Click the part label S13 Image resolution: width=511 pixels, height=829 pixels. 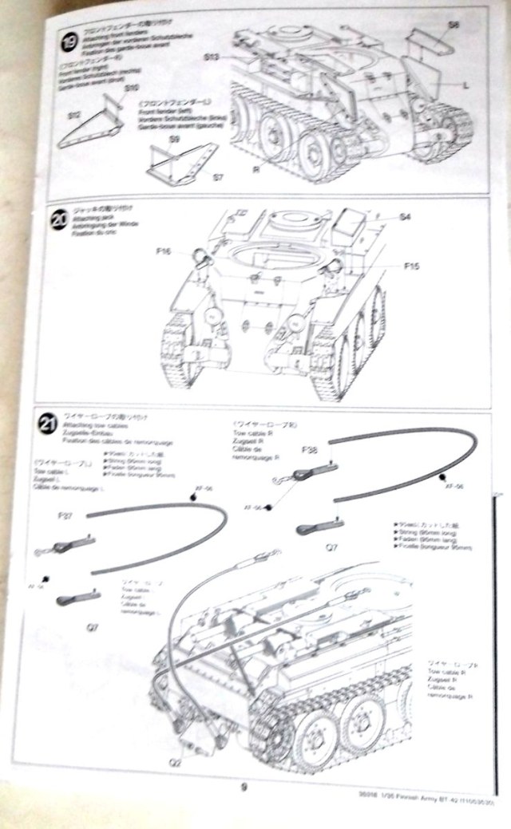point(211,57)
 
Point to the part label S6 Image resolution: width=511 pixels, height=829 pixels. point(453,26)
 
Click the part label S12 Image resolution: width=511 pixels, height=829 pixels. point(73,116)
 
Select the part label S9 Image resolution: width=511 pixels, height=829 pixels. point(175,140)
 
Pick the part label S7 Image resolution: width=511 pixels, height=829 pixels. point(217,176)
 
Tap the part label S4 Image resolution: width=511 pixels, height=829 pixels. point(405,216)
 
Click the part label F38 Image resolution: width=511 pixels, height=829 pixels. point(311,450)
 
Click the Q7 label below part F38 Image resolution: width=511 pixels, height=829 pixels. point(331,547)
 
